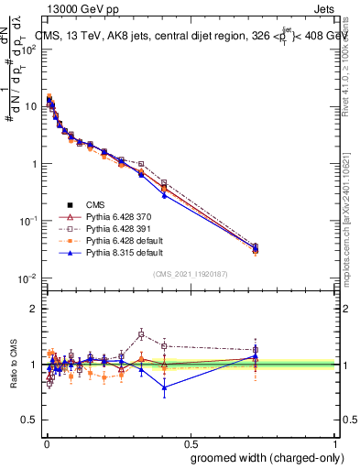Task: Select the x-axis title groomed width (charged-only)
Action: point(263,457)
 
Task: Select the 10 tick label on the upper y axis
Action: point(30,106)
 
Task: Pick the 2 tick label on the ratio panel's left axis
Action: point(35,309)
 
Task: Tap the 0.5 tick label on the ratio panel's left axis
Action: point(31,420)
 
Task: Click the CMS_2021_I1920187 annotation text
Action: point(191,273)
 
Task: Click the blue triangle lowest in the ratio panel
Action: point(165,387)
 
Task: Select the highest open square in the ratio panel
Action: point(141,334)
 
